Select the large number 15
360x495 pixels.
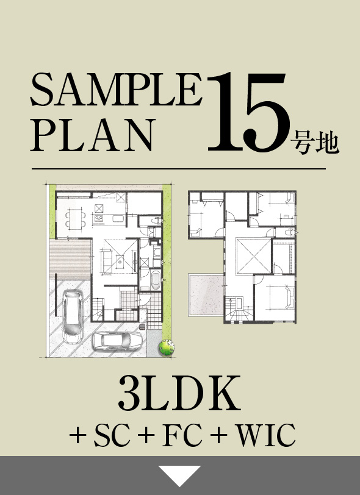tap(247, 113)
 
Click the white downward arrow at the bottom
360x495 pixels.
tap(180, 475)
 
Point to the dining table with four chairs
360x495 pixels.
tap(74, 218)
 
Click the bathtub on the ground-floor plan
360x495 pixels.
tap(156, 282)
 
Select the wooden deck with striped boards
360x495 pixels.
tap(68, 257)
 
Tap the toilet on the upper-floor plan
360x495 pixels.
tap(291, 233)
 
